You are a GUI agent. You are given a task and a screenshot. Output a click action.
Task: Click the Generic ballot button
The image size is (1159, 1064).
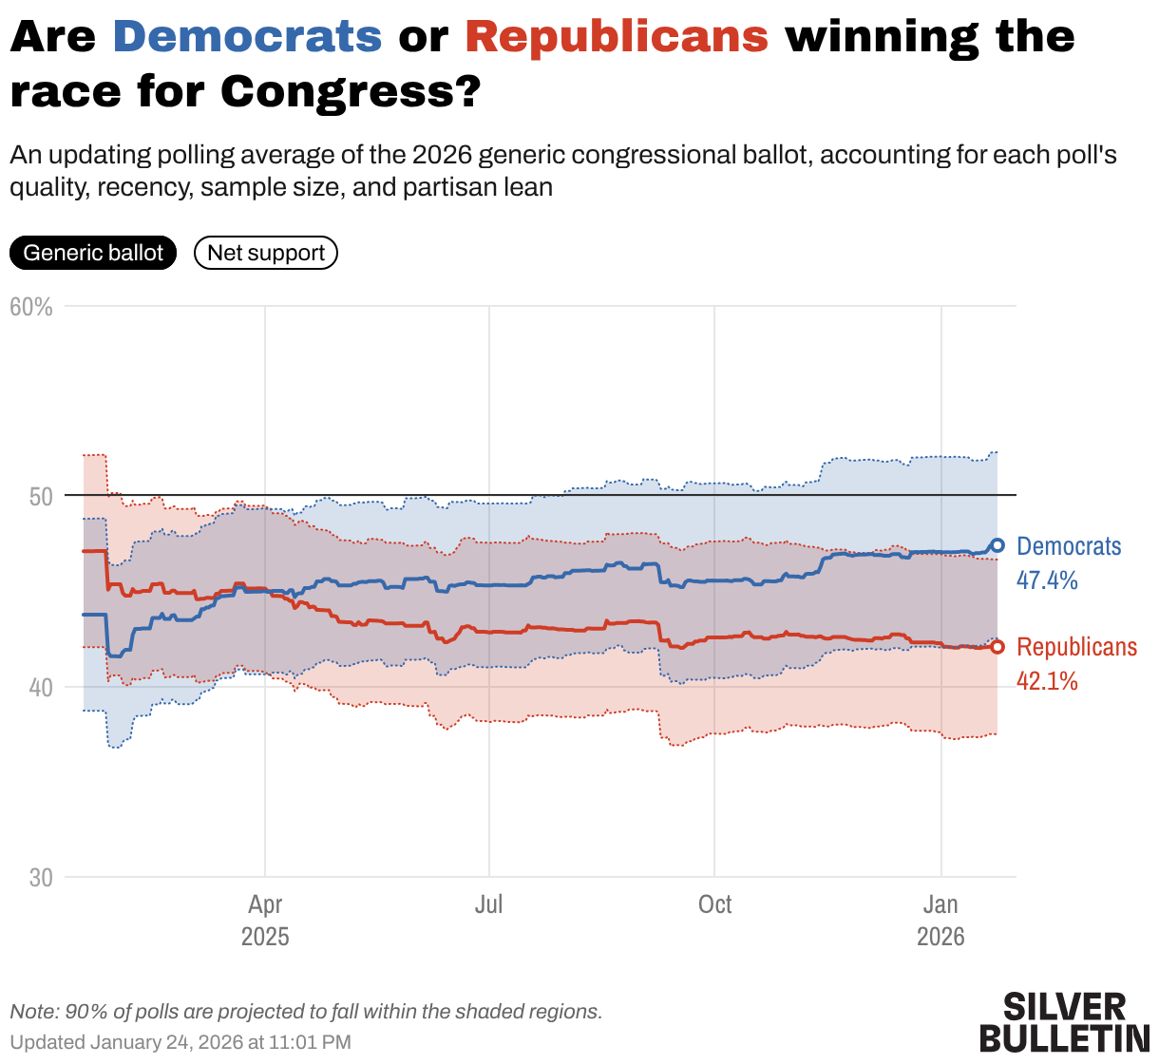[93, 253]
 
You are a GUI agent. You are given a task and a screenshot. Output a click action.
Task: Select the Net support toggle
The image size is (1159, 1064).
[266, 253]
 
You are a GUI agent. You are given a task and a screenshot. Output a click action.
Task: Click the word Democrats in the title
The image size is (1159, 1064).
[247, 37]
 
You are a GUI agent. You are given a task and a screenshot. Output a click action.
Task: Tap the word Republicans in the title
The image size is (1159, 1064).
[617, 37]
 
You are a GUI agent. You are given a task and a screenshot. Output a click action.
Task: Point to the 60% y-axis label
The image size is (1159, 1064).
[31, 307]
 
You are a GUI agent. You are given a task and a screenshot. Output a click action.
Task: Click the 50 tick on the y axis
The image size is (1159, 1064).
[39, 497]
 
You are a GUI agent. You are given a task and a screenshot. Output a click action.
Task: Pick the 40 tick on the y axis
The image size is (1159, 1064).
[39, 687]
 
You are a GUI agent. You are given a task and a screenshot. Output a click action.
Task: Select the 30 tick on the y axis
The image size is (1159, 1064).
[41, 877]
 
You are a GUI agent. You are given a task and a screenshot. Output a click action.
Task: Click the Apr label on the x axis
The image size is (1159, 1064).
[265, 904]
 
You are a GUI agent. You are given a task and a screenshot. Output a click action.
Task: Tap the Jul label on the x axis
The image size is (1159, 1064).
[488, 904]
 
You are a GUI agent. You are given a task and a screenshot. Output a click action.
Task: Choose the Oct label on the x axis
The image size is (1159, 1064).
[714, 904]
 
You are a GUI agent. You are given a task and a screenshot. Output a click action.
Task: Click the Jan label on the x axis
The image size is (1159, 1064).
[940, 904]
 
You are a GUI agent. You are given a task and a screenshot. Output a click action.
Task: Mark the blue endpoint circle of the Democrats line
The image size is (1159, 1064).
[997, 545]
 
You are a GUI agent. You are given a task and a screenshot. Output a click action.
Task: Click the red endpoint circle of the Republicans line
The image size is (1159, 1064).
[997, 647]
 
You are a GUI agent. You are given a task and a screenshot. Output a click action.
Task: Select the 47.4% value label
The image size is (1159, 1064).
[1047, 580]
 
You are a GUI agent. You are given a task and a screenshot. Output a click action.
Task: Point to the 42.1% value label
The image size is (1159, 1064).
[1047, 681]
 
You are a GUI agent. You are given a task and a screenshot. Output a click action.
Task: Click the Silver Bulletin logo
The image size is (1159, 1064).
[1064, 1022]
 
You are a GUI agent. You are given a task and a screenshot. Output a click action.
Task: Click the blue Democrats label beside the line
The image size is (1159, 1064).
[1069, 546]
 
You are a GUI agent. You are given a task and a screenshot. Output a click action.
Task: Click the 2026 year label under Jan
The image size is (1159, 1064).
[940, 937]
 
